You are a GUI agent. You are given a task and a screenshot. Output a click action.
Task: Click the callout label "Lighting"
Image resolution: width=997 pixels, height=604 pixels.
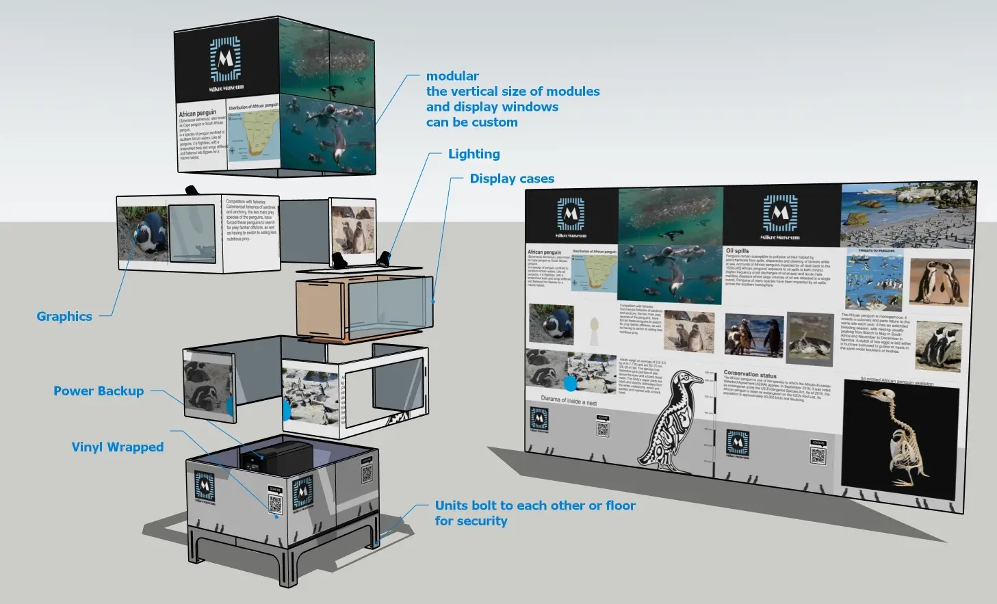(474, 154)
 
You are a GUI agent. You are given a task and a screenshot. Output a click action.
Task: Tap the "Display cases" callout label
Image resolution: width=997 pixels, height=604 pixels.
(512, 179)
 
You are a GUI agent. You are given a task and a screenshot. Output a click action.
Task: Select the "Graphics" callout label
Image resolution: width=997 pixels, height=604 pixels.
(64, 316)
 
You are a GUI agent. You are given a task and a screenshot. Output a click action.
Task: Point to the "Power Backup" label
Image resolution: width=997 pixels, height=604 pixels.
(99, 391)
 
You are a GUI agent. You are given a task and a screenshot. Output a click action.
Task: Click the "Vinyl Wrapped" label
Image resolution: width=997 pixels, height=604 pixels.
(118, 447)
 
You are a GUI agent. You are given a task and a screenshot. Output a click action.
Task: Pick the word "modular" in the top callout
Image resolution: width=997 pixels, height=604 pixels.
(452, 76)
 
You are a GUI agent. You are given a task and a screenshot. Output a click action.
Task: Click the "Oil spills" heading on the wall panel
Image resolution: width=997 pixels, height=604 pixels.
(737, 251)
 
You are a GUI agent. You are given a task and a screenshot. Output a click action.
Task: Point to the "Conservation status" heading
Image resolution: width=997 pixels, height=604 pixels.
(749, 374)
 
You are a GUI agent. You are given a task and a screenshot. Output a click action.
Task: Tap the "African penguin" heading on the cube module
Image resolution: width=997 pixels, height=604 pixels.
(197, 113)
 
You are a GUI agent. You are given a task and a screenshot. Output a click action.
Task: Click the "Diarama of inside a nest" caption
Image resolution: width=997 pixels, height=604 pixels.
(569, 401)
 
